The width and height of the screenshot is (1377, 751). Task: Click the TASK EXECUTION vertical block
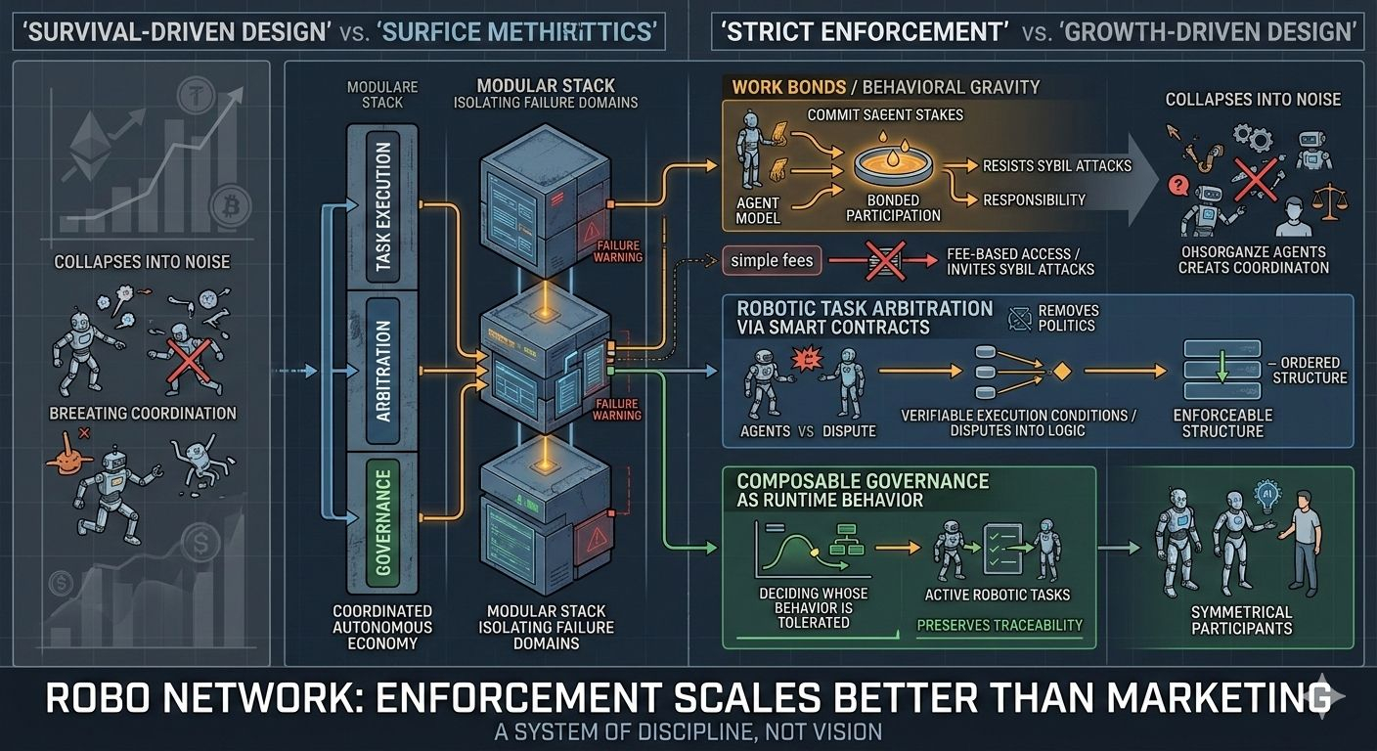[x=382, y=205]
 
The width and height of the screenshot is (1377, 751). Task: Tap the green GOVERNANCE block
[x=382, y=522]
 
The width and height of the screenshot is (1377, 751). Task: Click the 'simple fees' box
[x=772, y=260]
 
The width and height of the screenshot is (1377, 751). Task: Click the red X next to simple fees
[x=884, y=261]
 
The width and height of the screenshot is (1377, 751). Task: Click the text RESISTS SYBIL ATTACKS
[x=1056, y=165]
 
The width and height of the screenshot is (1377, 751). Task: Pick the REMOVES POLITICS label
[x=1069, y=318]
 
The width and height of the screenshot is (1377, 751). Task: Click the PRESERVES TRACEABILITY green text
[x=999, y=624]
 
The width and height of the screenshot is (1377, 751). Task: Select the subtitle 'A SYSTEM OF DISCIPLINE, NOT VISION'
[x=688, y=731]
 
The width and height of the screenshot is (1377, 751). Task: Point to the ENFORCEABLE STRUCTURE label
[x=1222, y=422]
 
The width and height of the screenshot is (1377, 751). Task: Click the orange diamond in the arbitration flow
[x=1062, y=371]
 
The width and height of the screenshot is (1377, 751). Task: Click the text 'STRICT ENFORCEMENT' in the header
[x=864, y=32]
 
